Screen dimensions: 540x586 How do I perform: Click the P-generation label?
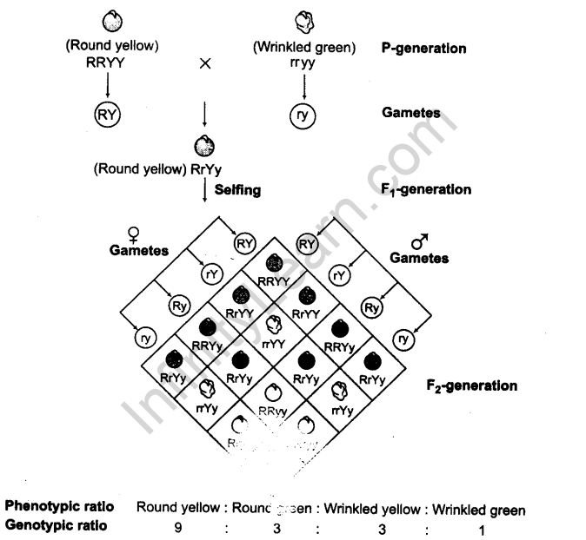423,48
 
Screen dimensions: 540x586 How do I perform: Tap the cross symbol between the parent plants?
205,64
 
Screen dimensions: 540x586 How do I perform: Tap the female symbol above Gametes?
132,234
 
